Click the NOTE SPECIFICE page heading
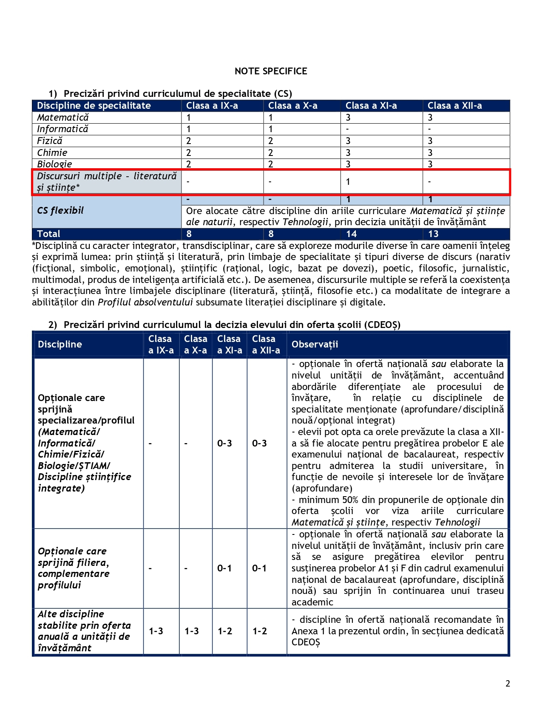pyautogui.click(x=271, y=71)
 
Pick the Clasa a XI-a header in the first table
pyautogui.click(x=371, y=106)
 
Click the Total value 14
pyautogui.click(x=352, y=234)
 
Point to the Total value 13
pyautogui.click(x=433, y=234)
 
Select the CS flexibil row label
pyautogui.click(x=60, y=210)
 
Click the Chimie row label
pyautogui.click(x=52, y=153)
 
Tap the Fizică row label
pyautogui.click(x=50, y=141)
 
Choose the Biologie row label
pyautogui.click(x=54, y=164)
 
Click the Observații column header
pyautogui.click(x=315, y=345)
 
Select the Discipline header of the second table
pyautogui.click(x=60, y=345)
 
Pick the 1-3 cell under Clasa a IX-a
pyautogui.click(x=156, y=631)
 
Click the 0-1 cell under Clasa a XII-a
pyautogui.click(x=259, y=568)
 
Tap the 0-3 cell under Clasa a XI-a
pyautogui.click(x=224, y=444)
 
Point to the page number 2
pyautogui.click(x=508, y=684)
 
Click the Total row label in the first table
pyautogui.click(x=49, y=234)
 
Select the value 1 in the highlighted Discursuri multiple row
pyautogui.click(x=348, y=182)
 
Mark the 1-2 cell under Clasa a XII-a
pyautogui.click(x=260, y=631)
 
